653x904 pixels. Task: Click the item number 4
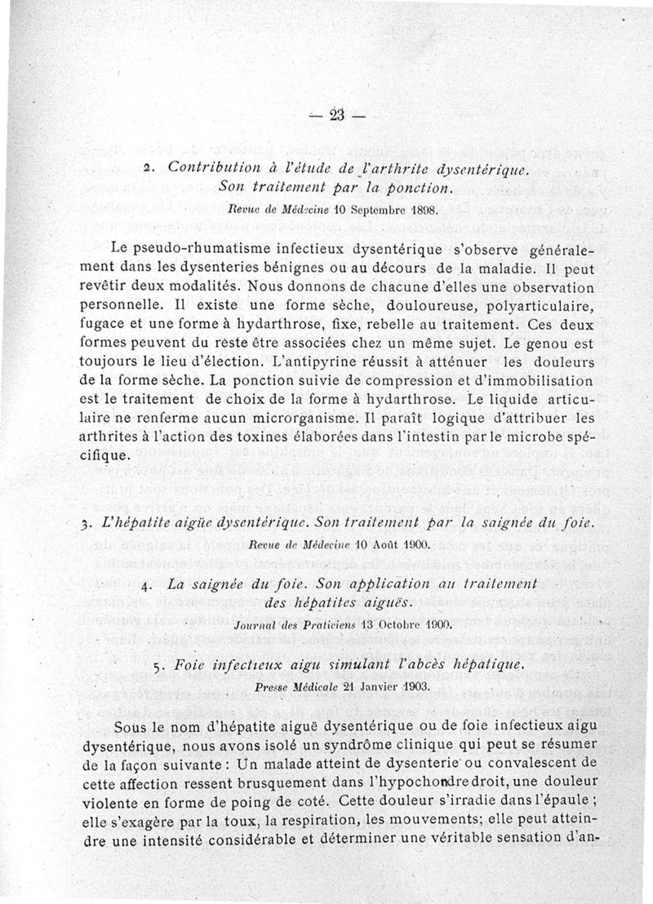click(144, 586)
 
